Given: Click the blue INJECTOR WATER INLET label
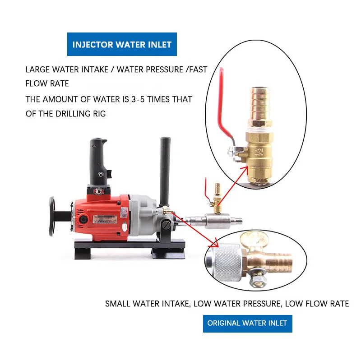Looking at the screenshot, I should pos(122,44).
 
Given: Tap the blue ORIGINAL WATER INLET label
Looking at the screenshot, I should pos(247,323).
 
